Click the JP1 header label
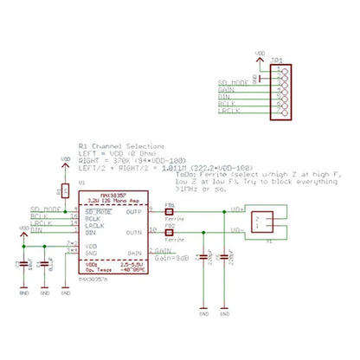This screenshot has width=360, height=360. [276, 61]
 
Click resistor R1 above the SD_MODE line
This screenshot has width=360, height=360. [66, 190]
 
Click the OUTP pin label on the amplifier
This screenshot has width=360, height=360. [134, 211]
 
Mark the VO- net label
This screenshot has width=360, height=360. [236, 231]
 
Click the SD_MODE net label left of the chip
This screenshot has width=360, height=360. [46, 209]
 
